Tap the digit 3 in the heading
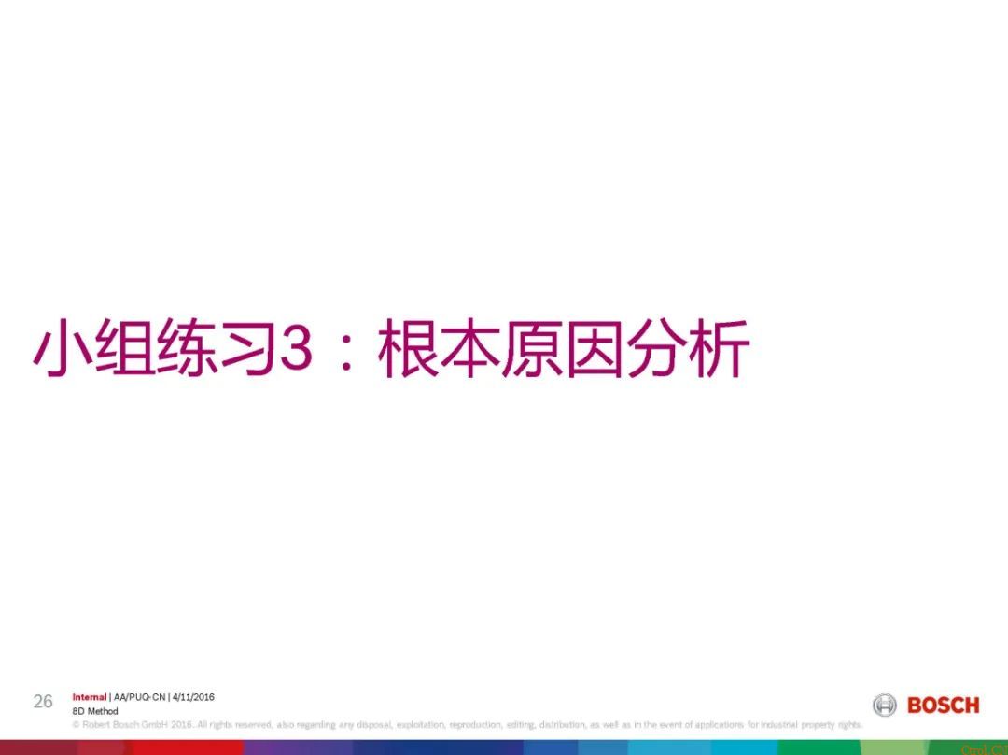coord(296,350)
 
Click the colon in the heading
coord(346,353)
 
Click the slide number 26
coord(43,702)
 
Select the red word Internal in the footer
coord(90,697)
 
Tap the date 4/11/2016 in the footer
coord(194,697)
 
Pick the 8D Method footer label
coord(95,711)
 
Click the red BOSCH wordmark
coord(944,706)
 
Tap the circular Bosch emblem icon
coord(884,706)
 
